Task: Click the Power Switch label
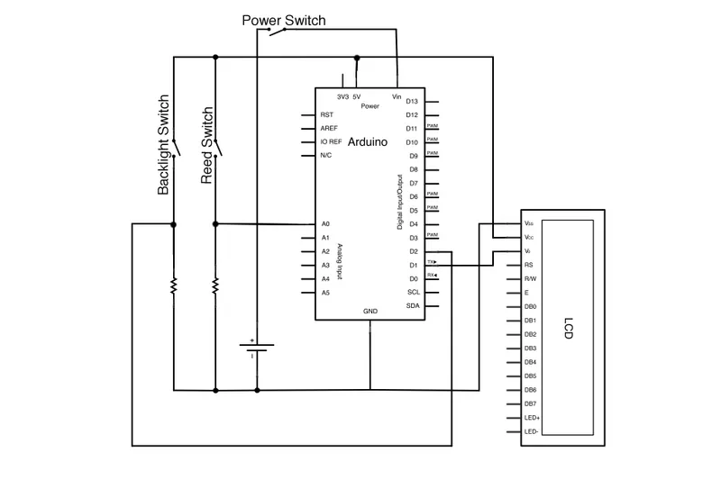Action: point(284,20)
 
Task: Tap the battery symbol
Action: point(256,347)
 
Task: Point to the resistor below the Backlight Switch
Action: point(173,286)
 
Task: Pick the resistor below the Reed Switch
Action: point(215,286)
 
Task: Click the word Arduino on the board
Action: point(367,142)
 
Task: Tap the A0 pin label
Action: point(325,223)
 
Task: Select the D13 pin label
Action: point(413,102)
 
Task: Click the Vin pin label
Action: point(397,96)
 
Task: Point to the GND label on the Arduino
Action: point(370,311)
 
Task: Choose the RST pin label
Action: point(327,115)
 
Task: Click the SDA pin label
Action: point(413,306)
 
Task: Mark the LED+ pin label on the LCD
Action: point(532,418)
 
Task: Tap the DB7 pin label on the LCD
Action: point(531,403)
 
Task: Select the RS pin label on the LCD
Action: point(528,266)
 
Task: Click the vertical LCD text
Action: point(568,328)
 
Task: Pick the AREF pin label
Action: point(329,129)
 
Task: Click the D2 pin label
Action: point(413,251)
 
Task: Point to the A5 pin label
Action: point(325,293)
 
